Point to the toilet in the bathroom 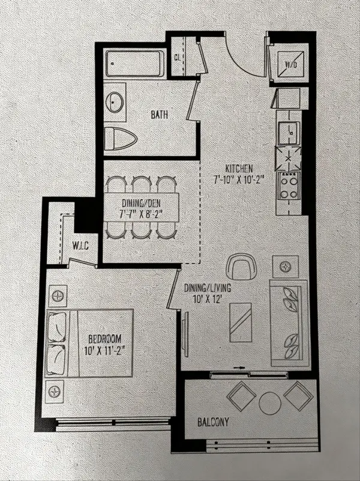point(121,141)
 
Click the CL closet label point(178,58)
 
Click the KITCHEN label point(238,168)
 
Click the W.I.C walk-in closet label point(80,245)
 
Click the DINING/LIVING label point(209,287)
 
